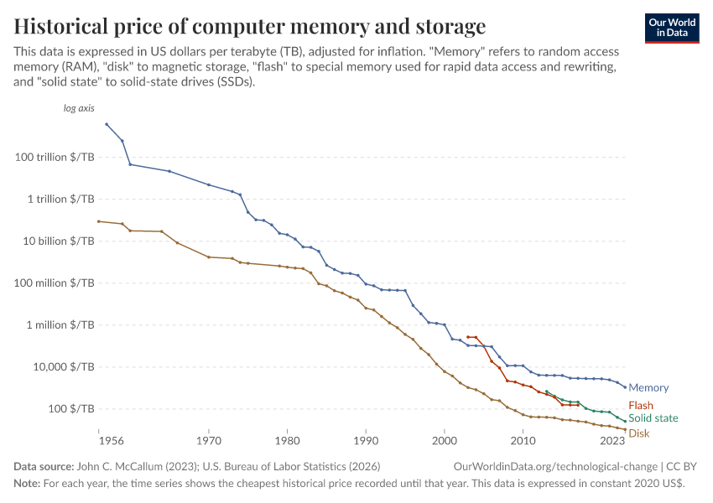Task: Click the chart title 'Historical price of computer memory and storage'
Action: [x=249, y=24]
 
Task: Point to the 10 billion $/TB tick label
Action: [x=59, y=241]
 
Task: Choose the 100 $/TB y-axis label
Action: [x=70, y=409]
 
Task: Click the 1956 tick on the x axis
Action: [x=98, y=439]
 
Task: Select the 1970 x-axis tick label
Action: [x=208, y=439]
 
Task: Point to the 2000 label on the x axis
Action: [x=444, y=439]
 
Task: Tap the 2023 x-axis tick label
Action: [x=612, y=439]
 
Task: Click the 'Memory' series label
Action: [x=648, y=388]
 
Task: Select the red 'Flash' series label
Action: [x=641, y=406]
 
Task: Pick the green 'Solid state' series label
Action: [x=653, y=418]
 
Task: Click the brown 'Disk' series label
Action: [x=639, y=433]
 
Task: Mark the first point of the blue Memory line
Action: [x=107, y=124]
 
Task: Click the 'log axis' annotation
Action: [x=79, y=109]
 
